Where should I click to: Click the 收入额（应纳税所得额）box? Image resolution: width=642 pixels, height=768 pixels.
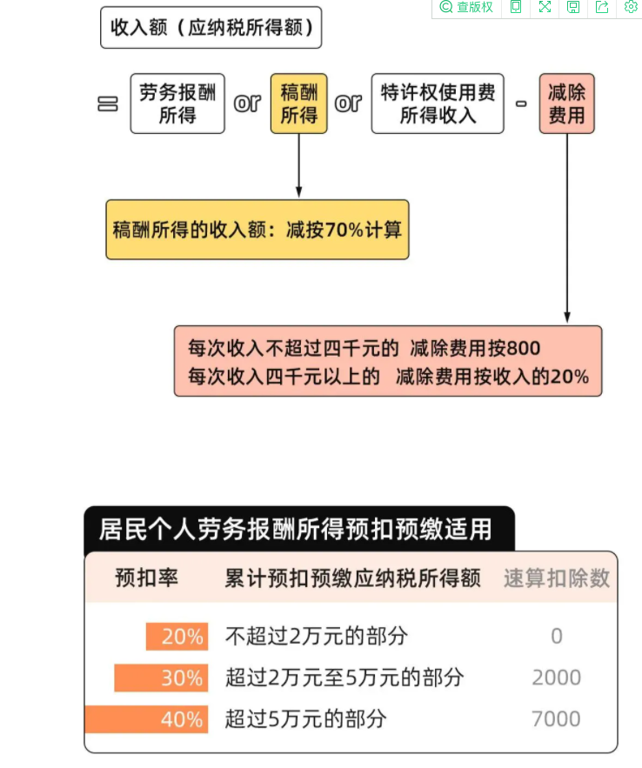click(211, 28)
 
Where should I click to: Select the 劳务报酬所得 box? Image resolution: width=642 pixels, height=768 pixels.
click(177, 104)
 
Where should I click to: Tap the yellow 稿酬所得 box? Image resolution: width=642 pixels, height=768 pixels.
click(298, 104)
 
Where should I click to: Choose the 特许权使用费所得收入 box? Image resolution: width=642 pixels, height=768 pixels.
click(438, 104)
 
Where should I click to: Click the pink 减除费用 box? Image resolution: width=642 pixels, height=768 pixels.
click(566, 104)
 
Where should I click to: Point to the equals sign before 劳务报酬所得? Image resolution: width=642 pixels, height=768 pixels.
click(108, 104)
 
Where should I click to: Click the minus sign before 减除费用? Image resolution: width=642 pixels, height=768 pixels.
click(521, 104)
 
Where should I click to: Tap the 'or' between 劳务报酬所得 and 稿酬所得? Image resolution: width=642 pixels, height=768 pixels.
click(247, 104)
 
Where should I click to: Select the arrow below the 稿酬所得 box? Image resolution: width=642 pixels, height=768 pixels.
click(298, 165)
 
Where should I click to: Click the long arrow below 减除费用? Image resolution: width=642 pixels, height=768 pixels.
click(567, 228)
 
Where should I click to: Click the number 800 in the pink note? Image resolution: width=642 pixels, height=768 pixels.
click(524, 348)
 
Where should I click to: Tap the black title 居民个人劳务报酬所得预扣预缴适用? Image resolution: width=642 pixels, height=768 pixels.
click(295, 530)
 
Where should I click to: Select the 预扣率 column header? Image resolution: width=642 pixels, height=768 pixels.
click(146, 578)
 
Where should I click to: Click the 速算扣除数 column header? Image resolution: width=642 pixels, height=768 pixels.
click(557, 578)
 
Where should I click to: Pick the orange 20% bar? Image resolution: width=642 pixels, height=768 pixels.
click(177, 637)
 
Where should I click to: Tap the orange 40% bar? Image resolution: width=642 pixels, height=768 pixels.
click(146, 719)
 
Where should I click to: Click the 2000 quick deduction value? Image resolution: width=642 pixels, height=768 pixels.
click(556, 678)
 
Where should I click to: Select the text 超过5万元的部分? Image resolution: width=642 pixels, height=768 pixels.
click(305, 719)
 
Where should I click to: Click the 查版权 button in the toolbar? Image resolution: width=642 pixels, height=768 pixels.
click(466, 7)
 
